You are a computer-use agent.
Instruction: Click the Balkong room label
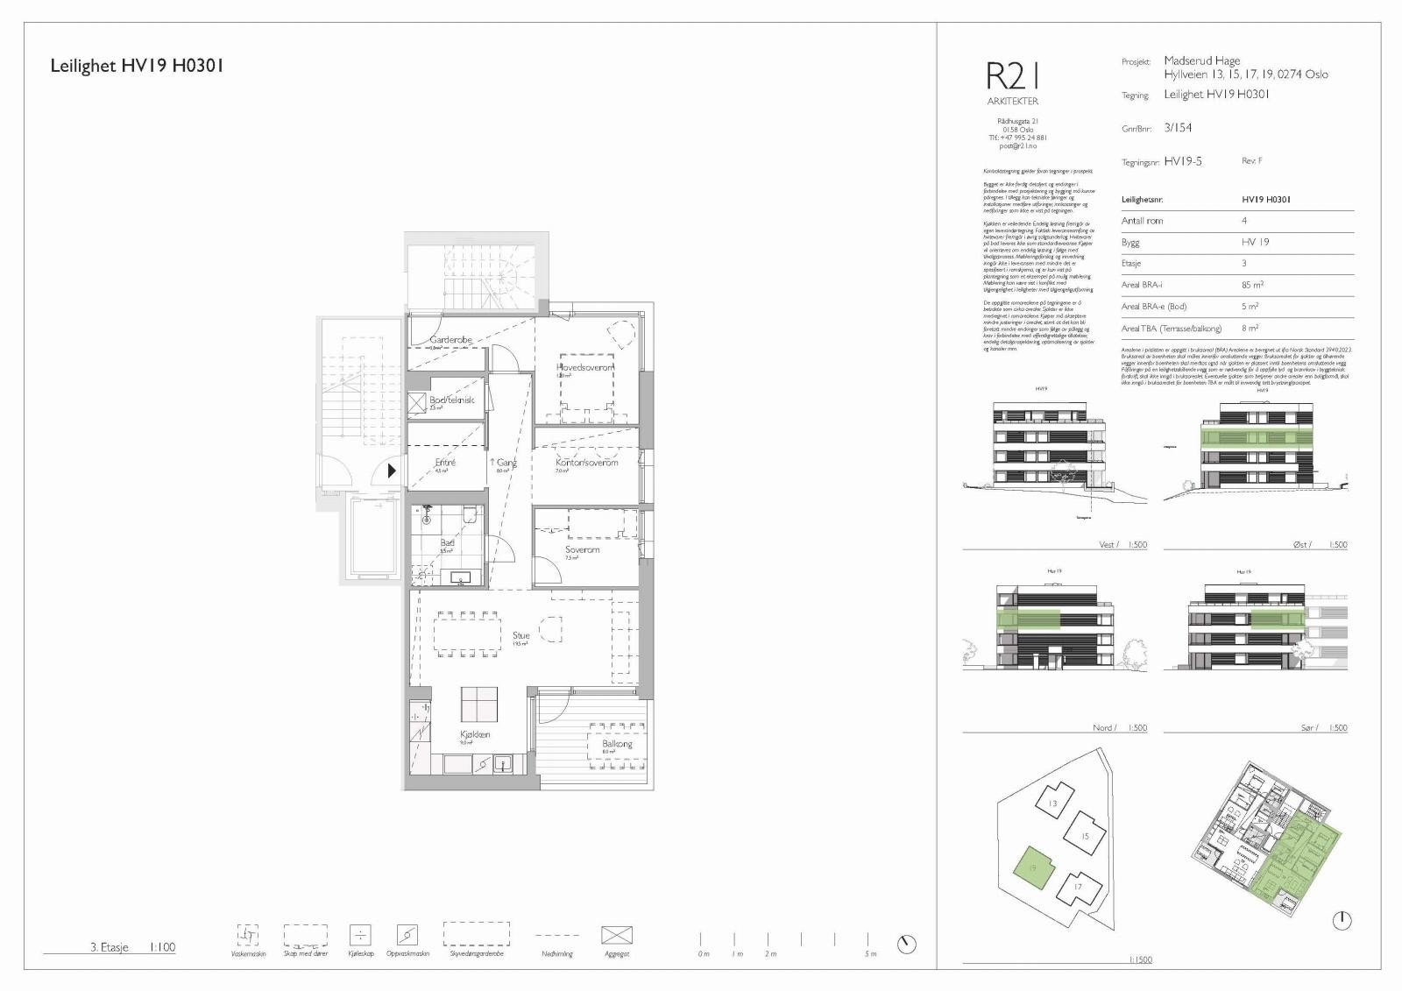[617, 744]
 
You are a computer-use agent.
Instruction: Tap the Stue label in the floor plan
[521, 635]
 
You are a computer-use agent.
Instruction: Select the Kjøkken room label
[475, 734]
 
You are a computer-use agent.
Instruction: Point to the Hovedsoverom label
[585, 368]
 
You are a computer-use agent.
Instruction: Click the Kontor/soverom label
[586, 462]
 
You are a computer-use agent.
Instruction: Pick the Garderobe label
[451, 340]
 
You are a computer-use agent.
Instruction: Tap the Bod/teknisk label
[451, 400]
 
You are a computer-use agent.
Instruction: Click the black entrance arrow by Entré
[392, 471]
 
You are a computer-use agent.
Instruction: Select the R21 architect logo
[1012, 77]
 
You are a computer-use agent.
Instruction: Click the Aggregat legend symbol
[617, 935]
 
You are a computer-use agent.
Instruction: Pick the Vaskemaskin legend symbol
[248, 934]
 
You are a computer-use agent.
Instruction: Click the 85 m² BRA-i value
[1252, 285]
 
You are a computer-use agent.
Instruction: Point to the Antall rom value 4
[1244, 221]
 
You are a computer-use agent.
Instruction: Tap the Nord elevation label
[1102, 728]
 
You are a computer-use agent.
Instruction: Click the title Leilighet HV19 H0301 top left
[137, 66]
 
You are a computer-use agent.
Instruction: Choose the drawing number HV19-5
[1183, 161]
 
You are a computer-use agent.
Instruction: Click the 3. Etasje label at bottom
[110, 946]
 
